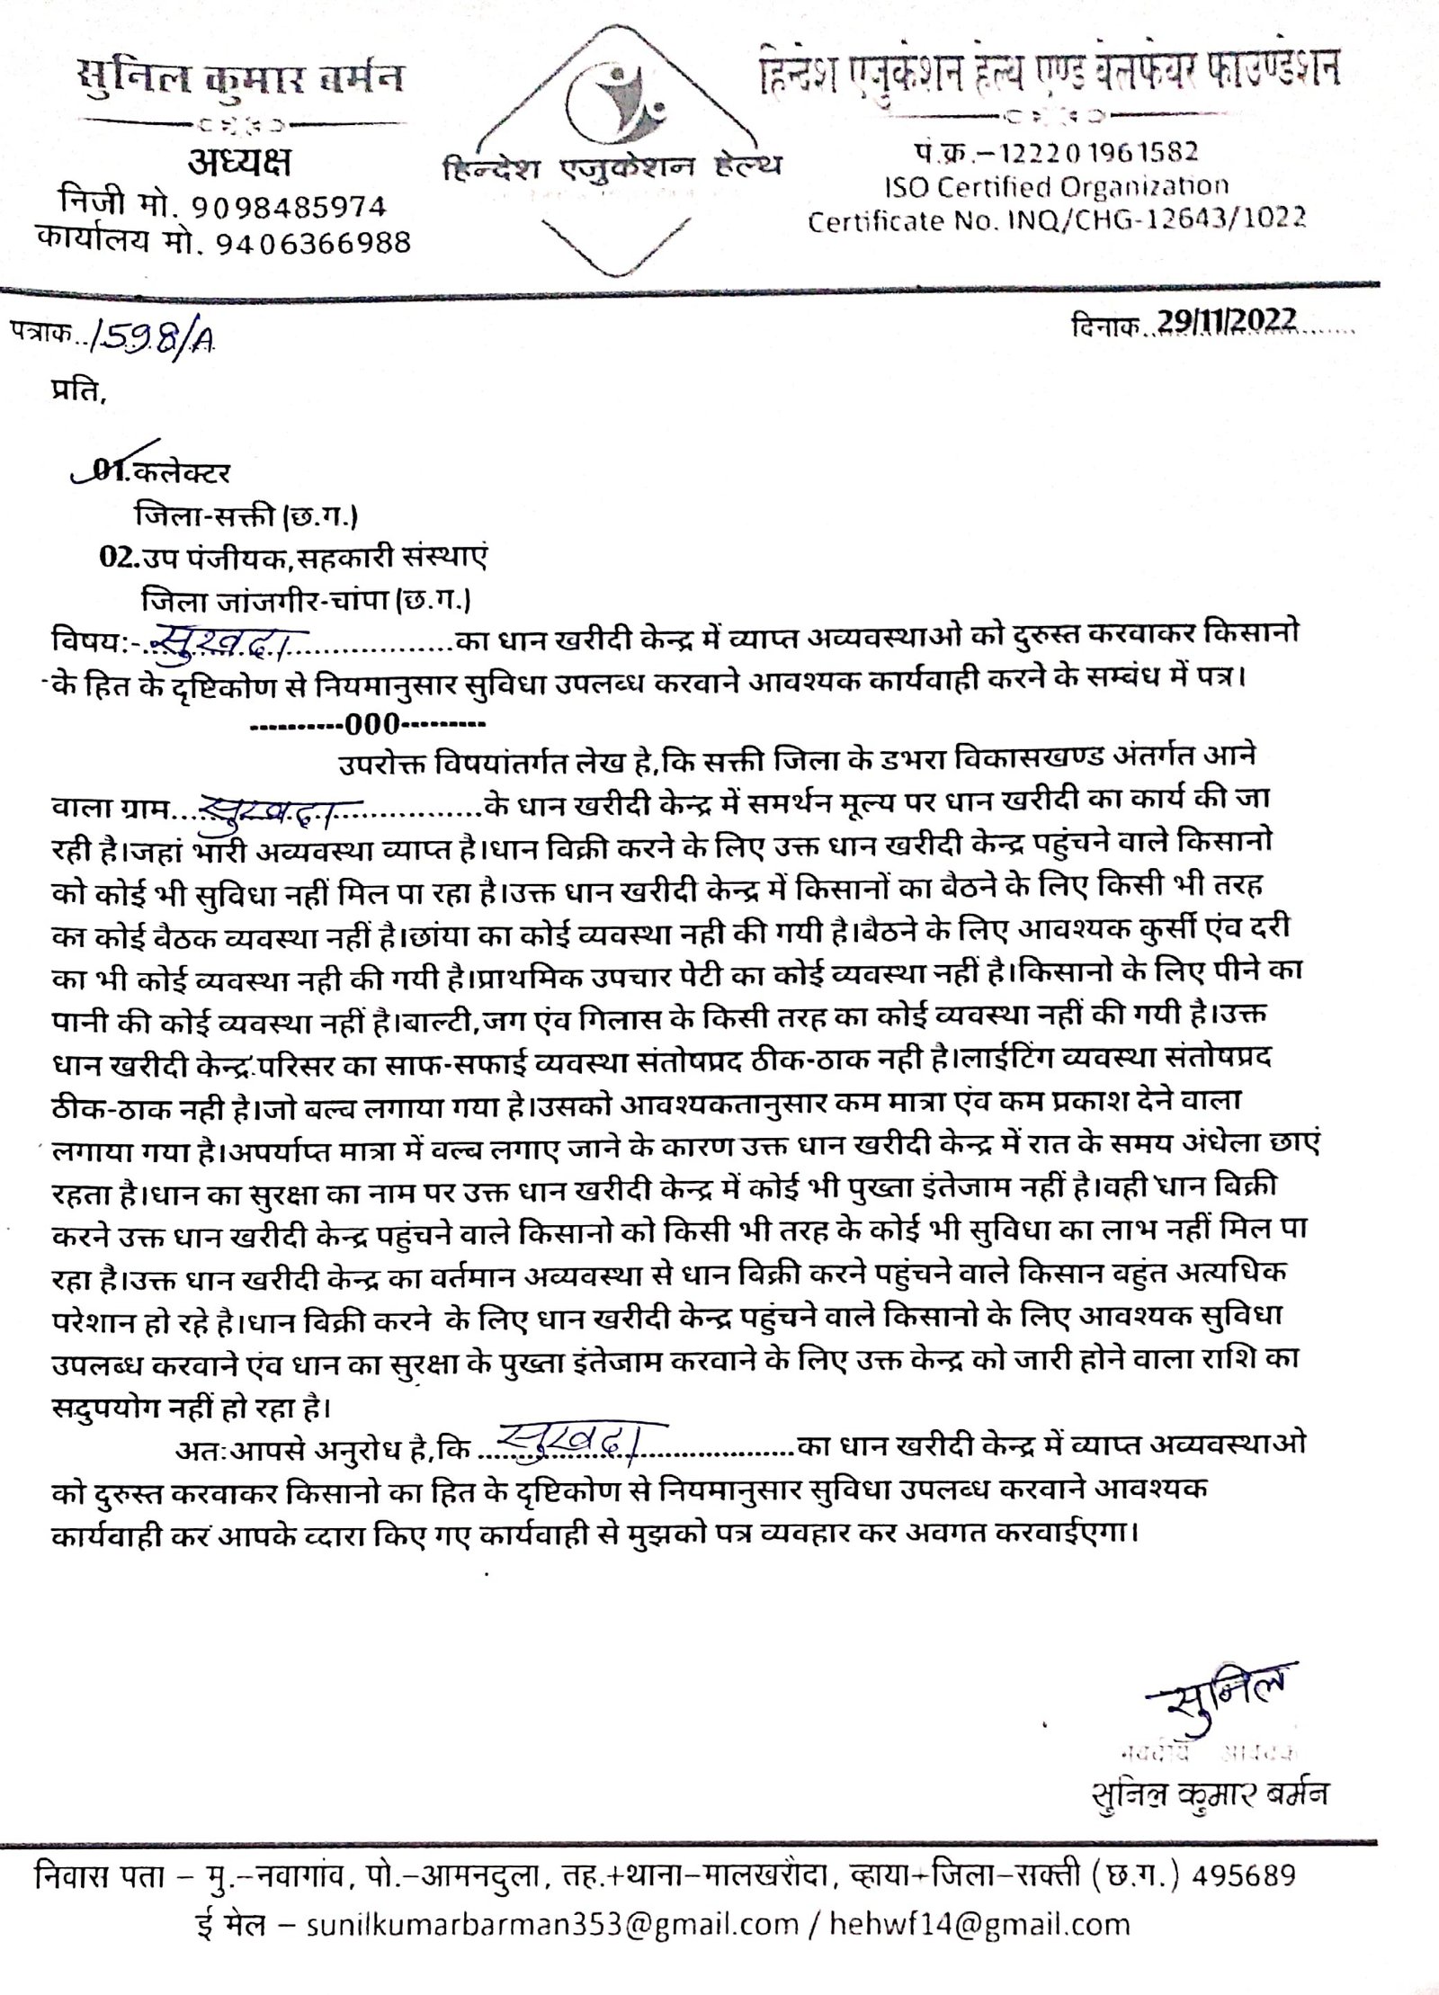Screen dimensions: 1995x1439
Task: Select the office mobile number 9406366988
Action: [314, 241]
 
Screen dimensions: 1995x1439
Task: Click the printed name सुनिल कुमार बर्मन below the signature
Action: [1206, 1768]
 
